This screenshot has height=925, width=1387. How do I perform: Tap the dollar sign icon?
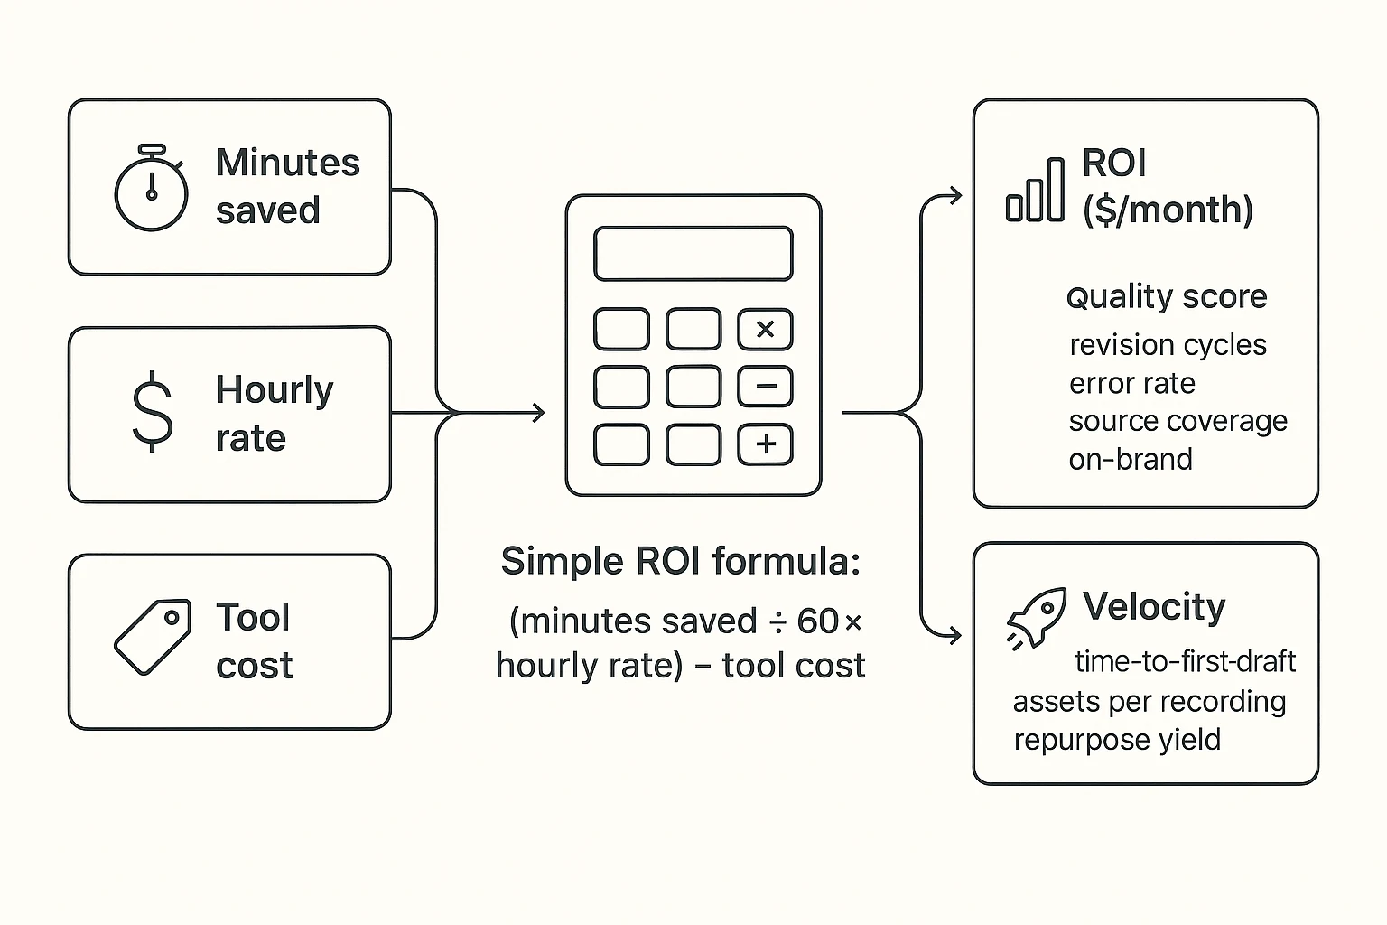click(x=153, y=412)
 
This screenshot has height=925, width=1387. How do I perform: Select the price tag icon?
click(x=153, y=637)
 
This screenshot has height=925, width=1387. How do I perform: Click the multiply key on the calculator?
click(x=765, y=330)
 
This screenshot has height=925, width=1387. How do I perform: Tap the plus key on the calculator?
click(x=765, y=444)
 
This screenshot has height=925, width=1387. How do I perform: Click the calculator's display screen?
click(x=693, y=254)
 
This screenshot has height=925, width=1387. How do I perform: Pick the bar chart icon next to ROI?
click(x=1035, y=191)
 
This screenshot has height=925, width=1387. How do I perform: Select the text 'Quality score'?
click(x=1166, y=297)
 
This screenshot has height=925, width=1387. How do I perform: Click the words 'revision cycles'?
click(x=1167, y=345)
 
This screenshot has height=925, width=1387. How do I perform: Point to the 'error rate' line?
click(x=1131, y=384)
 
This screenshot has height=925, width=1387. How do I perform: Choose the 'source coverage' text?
click(x=1178, y=422)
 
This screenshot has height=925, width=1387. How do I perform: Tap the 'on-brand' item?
click(x=1130, y=460)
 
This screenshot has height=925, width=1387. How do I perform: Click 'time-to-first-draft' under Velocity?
click(x=1185, y=662)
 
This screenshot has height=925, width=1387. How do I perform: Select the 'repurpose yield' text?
click(x=1116, y=740)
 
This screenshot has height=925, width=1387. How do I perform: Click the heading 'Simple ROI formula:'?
click(x=681, y=562)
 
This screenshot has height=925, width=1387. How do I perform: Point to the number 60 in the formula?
click(x=818, y=621)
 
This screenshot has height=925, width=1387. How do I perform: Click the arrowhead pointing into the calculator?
click(x=539, y=413)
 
